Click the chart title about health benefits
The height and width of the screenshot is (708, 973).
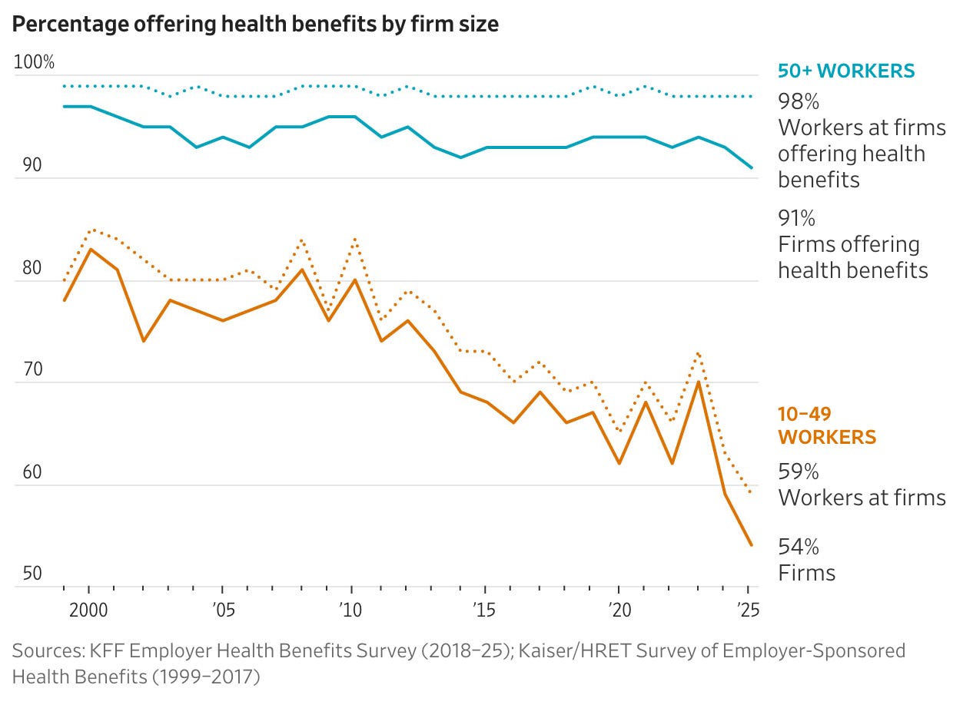coord(255,24)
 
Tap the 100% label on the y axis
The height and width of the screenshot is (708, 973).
coord(34,63)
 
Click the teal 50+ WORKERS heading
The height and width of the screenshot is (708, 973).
coord(846,71)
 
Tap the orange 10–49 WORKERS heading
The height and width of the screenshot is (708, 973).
coord(827,426)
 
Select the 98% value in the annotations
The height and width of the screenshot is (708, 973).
coord(798,101)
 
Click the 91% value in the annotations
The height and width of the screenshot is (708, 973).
coord(796,218)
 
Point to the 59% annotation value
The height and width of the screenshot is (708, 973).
coord(798,471)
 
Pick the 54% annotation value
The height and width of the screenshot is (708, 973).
coord(798,547)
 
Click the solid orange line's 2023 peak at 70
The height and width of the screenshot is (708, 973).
coord(698,382)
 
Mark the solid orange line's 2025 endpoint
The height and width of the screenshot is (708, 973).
coord(751,545)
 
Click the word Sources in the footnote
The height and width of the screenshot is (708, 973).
coord(42,651)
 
